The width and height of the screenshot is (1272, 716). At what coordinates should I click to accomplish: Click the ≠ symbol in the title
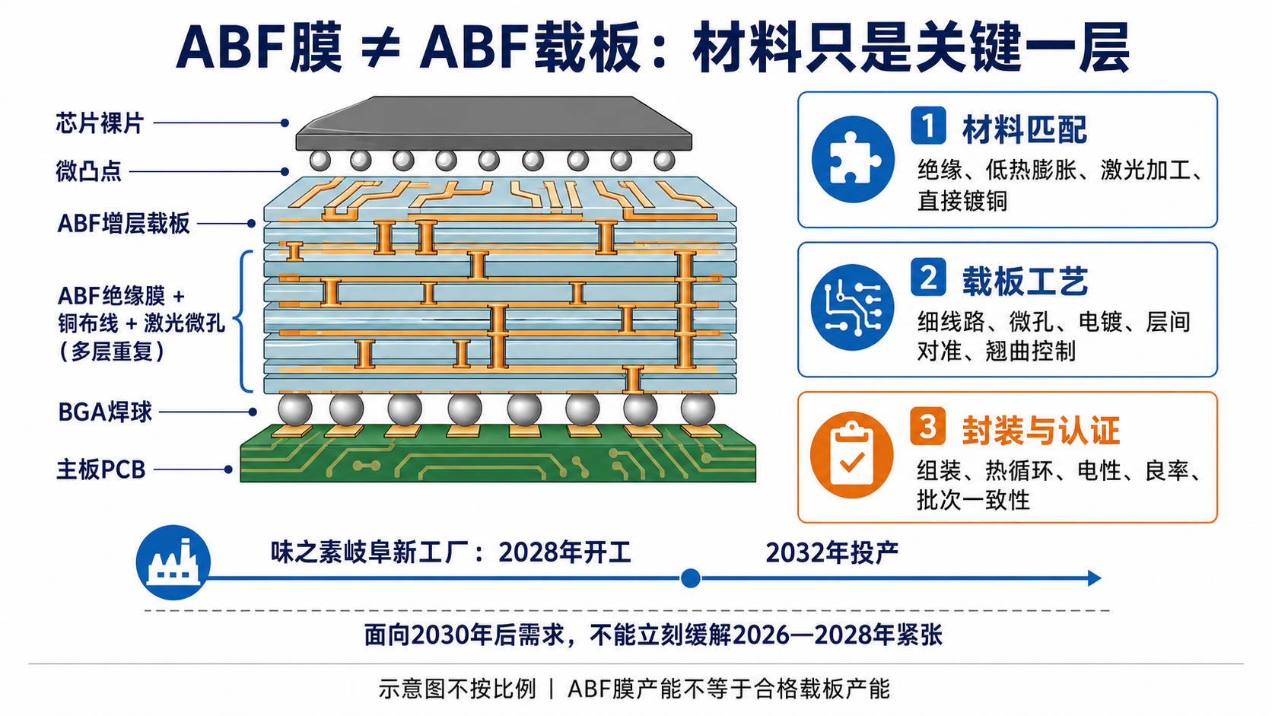(x=381, y=47)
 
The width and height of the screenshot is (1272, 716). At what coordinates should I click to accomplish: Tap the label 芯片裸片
(x=100, y=123)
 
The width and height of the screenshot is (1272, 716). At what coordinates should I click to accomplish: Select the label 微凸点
(x=88, y=171)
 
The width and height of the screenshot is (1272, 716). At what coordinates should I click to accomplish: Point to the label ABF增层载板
(x=123, y=223)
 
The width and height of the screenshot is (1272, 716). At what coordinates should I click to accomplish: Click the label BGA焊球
(x=105, y=412)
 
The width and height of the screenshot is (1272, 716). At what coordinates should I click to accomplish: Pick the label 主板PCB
(x=102, y=469)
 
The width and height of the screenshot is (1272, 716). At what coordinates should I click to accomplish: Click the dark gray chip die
(x=494, y=123)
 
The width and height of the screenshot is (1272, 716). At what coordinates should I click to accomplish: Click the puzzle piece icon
(x=853, y=159)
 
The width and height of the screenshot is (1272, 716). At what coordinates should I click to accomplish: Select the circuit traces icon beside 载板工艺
(x=852, y=307)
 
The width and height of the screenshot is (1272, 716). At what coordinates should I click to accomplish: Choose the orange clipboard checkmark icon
(x=851, y=455)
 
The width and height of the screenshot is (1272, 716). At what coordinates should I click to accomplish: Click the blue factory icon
(x=173, y=562)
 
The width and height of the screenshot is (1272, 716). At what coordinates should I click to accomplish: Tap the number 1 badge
(x=928, y=125)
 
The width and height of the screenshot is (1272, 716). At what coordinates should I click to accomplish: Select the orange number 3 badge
(x=927, y=426)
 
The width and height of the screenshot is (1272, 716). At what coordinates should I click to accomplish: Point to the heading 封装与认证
(x=1041, y=430)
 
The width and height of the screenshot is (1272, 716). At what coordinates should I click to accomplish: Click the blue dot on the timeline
(x=691, y=578)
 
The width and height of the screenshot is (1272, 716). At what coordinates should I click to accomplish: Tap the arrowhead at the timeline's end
(x=1094, y=578)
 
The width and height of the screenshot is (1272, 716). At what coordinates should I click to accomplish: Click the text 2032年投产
(x=832, y=552)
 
